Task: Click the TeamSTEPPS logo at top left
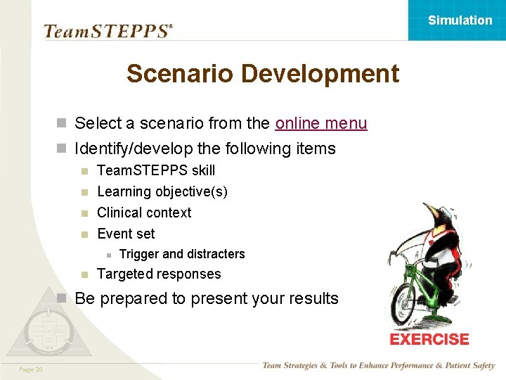pyautogui.click(x=108, y=31)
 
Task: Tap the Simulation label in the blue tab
pyautogui.click(x=460, y=20)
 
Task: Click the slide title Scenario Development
pyautogui.click(x=262, y=73)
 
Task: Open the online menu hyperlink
pyautogui.click(x=321, y=124)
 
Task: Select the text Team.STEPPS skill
pyautogui.click(x=156, y=170)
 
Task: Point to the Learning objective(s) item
pyautogui.click(x=162, y=191)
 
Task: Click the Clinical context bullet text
pyautogui.click(x=144, y=213)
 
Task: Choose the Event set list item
pyautogui.click(x=126, y=234)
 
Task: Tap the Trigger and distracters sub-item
pyautogui.click(x=182, y=254)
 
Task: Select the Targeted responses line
pyautogui.click(x=159, y=274)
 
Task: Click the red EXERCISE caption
pyautogui.click(x=429, y=339)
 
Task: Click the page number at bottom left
pyautogui.click(x=31, y=370)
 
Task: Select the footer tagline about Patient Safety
pyautogui.click(x=378, y=365)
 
